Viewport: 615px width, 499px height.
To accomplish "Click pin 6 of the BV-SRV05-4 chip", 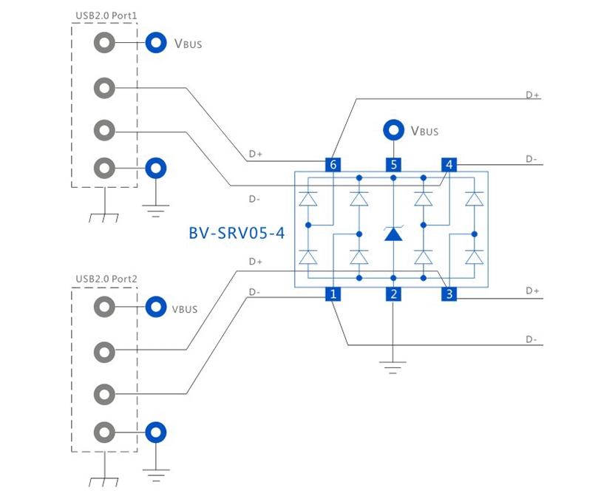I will [333, 165].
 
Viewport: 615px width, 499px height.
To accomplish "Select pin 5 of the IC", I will [393, 165].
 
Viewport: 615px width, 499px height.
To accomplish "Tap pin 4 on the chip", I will [449, 165].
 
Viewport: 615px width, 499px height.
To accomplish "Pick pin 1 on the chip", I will [333, 294].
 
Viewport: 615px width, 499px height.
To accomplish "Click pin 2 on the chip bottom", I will [393, 294].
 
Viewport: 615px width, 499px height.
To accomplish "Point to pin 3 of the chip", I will [449, 294].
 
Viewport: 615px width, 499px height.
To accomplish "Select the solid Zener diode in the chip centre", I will [393, 234].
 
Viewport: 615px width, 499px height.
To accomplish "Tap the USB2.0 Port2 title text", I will [106, 279].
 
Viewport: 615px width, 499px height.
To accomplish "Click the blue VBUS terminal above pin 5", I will [393, 131].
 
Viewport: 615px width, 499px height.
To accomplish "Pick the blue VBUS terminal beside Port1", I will [155, 43].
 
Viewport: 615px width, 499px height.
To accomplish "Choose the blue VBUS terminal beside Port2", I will [155, 307].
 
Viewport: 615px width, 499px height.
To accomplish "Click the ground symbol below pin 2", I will [393, 365].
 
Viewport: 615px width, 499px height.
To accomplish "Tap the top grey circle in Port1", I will [104, 44].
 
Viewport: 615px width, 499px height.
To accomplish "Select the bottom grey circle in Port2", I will [104, 432].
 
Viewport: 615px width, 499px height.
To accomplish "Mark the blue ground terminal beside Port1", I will [155, 169].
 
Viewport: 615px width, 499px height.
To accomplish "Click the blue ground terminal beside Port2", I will [155, 432].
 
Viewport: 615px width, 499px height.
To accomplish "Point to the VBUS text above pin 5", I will [424, 132].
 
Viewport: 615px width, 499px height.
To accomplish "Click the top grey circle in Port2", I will [104, 307].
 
